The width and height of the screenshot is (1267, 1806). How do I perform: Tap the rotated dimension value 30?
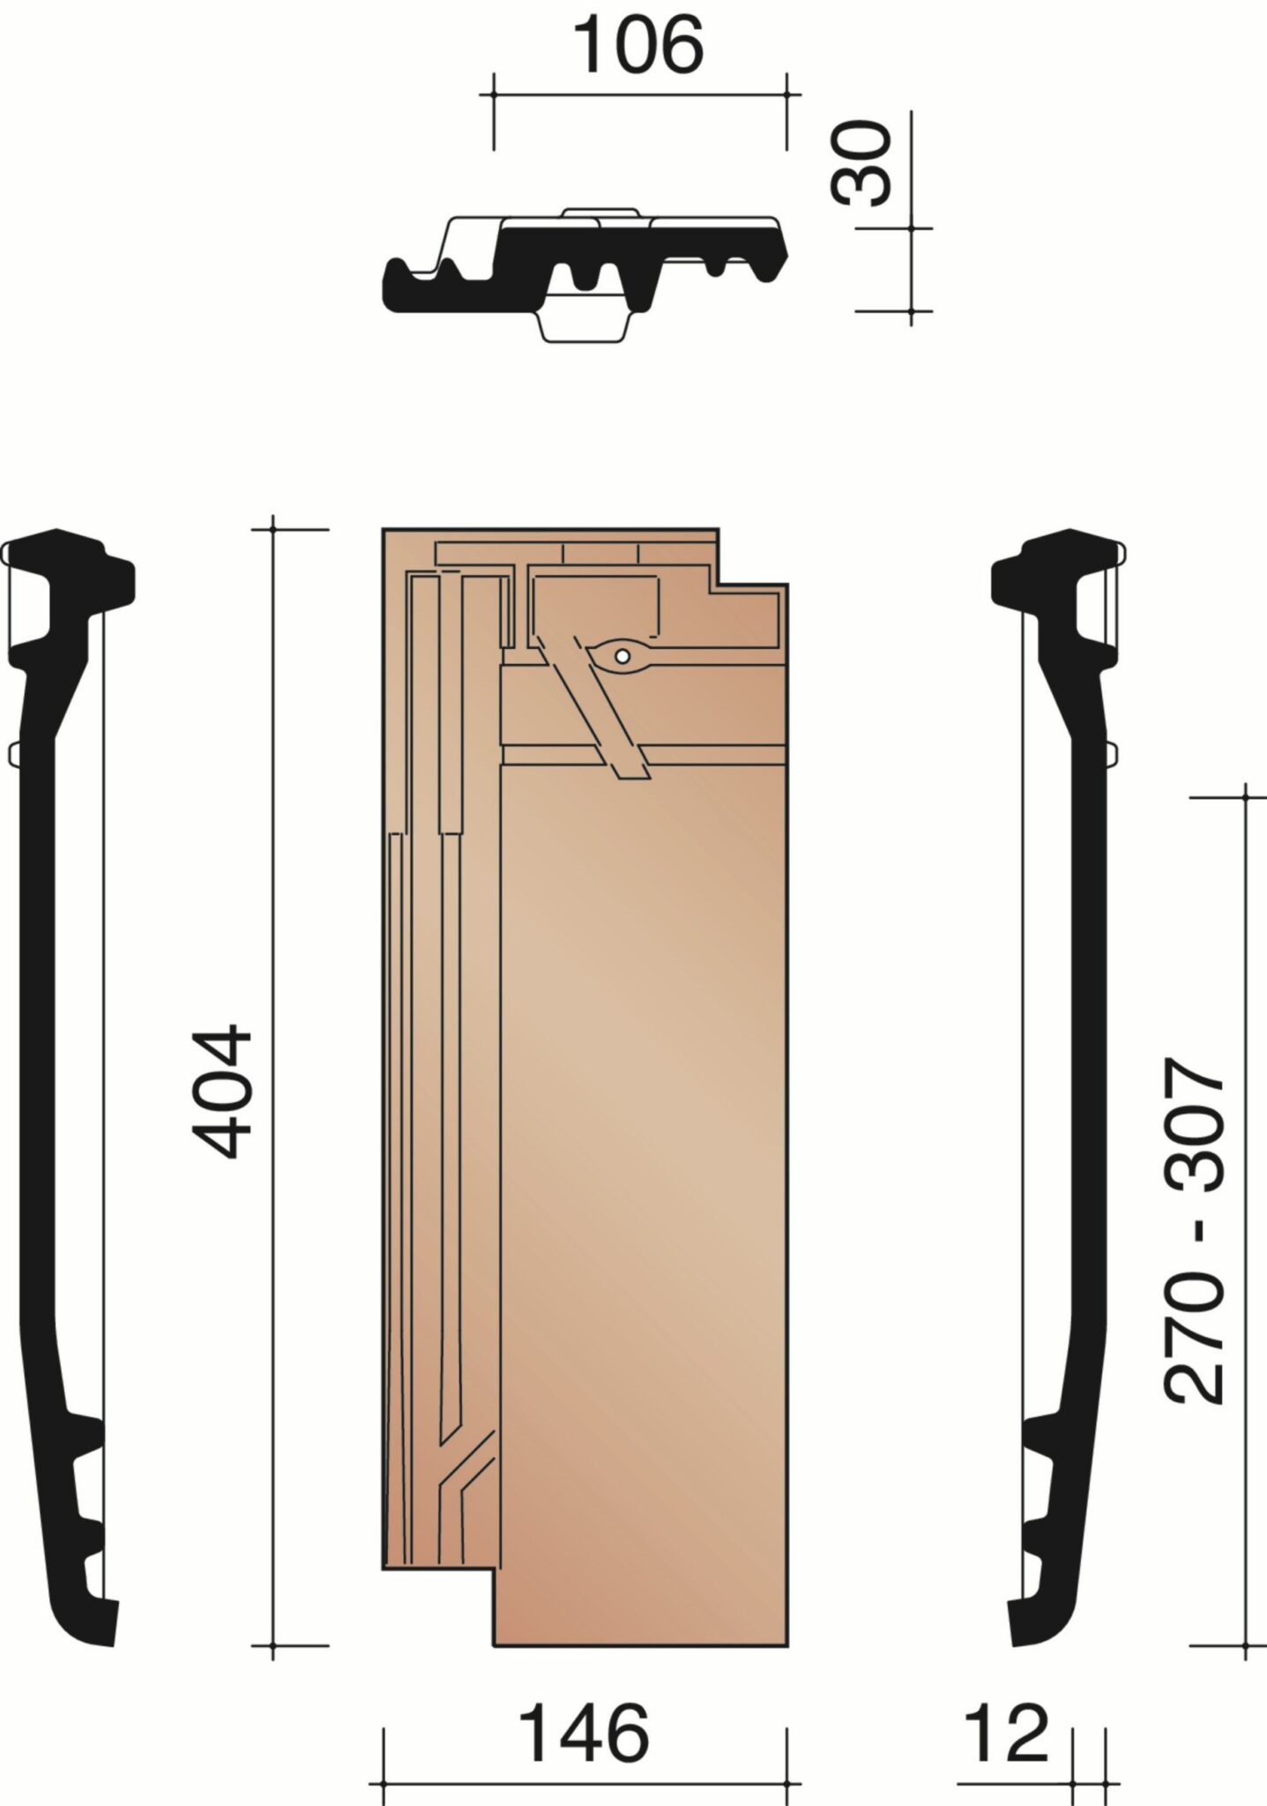[x=861, y=164]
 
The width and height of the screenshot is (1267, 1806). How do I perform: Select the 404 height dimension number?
[x=223, y=1091]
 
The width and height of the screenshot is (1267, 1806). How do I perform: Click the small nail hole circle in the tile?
[x=622, y=655]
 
